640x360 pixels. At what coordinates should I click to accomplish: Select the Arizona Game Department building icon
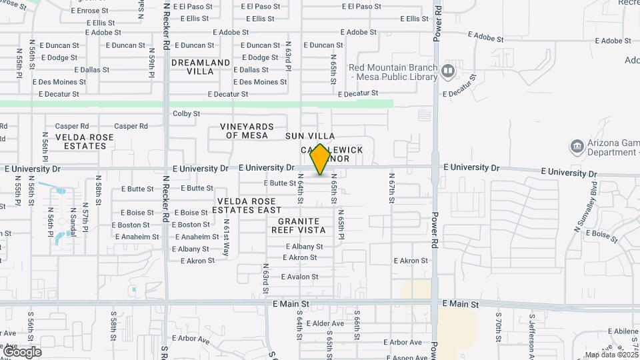[577, 146]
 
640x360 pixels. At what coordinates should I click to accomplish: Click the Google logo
[22, 351]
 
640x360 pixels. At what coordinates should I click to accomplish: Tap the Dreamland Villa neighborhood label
[200, 67]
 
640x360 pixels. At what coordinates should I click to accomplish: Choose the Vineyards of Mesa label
[247, 131]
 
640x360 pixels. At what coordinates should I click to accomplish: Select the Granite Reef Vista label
[298, 225]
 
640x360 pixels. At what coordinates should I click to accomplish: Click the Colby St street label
[186, 113]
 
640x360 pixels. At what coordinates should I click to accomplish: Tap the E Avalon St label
[301, 277]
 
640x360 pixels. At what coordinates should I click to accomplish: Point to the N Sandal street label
[72, 222]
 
